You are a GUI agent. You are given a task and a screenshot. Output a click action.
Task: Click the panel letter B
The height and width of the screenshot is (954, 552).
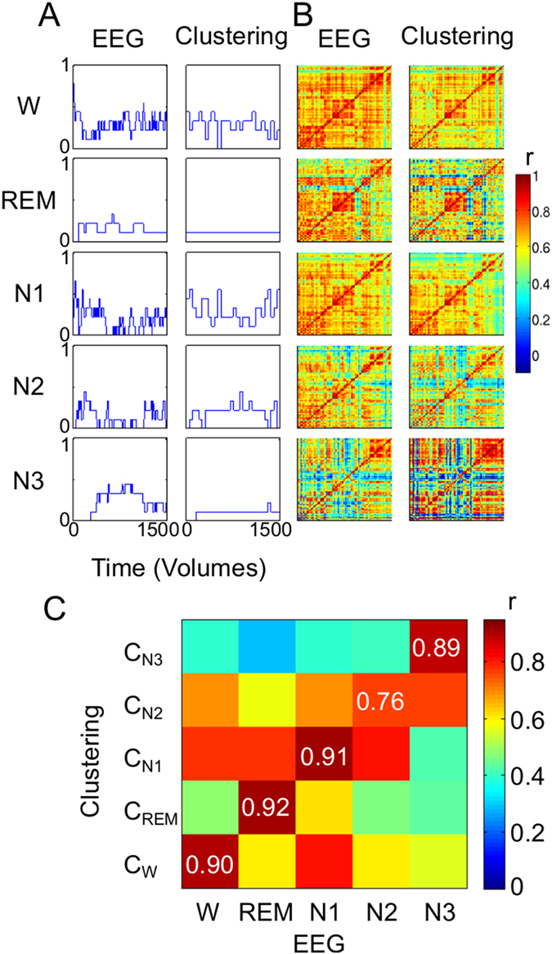point(303,15)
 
